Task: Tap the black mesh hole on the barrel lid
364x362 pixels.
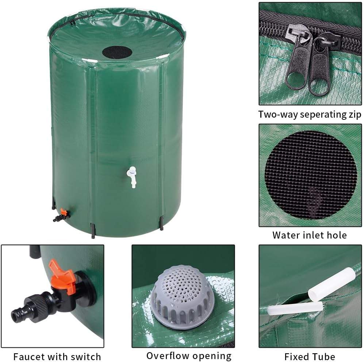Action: pyautogui.click(x=117, y=52)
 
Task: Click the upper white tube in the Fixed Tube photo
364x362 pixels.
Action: pyautogui.click(x=332, y=284)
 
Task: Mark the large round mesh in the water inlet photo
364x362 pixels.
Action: pyautogui.click(x=310, y=175)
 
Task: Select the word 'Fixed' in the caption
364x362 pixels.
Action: pyautogui.click(x=296, y=356)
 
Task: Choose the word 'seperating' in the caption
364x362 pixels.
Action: pyautogui.click(x=316, y=115)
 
